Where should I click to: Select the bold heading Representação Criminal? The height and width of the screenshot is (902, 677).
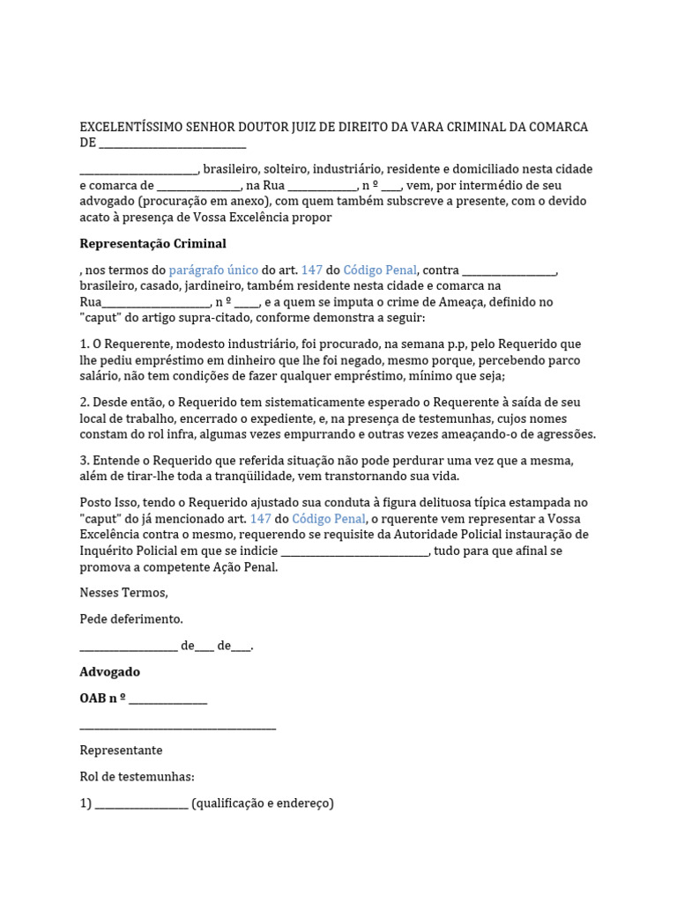pyautogui.click(x=153, y=243)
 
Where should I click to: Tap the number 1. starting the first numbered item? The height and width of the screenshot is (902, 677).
pyautogui.click(x=85, y=344)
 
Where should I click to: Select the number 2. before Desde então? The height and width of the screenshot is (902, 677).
pyautogui.click(x=85, y=402)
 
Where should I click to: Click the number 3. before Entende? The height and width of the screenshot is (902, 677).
pyautogui.click(x=85, y=460)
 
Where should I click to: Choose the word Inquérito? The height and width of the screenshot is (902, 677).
pyautogui.click(x=106, y=551)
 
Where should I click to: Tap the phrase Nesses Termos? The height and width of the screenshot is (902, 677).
pyautogui.click(x=123, y=592)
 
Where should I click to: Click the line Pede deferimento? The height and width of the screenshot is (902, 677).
pyautogui.click(x=131, y=619)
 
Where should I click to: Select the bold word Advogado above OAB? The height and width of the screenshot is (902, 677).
pyautogui.click(x=109, y=671)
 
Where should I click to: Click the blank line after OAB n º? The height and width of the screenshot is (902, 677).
pyautogui.click(x=167, y=699)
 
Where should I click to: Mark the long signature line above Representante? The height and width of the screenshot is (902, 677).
pyautogui.click(x=178, y=727)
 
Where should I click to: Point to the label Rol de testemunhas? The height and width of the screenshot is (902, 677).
pyautogui.click(x=137, y=777)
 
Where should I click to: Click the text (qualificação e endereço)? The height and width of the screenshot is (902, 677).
pyautogui.click(x=263, y=803)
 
